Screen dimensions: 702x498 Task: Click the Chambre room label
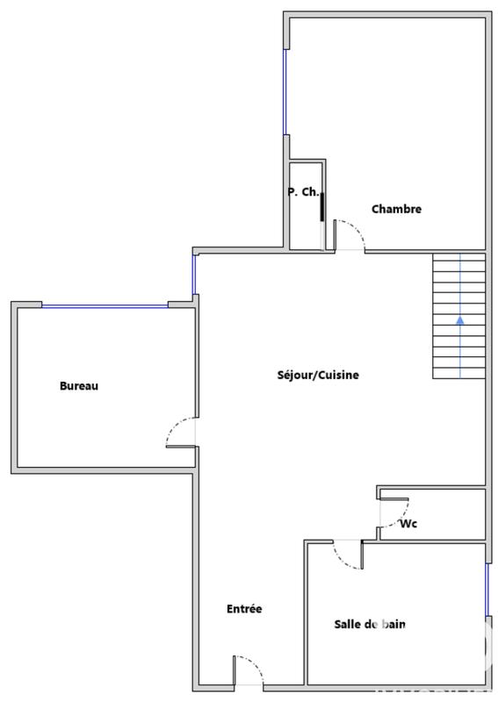pos(396,209)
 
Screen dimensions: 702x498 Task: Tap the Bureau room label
pos(79,385)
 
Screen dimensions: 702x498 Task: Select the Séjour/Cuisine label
pos(317,375)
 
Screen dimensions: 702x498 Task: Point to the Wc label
pos(408,525)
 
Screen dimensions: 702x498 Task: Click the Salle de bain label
pos(370,624)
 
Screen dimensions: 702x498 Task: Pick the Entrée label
pos(244,608)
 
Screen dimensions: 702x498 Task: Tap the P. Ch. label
pos(303,192)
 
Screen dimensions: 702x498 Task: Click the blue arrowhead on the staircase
pos(459,320)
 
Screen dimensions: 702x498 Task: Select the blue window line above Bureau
pos(105,305)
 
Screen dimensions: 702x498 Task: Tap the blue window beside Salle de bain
pos(487,588)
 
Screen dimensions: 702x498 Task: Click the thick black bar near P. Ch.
pos(322,207)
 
